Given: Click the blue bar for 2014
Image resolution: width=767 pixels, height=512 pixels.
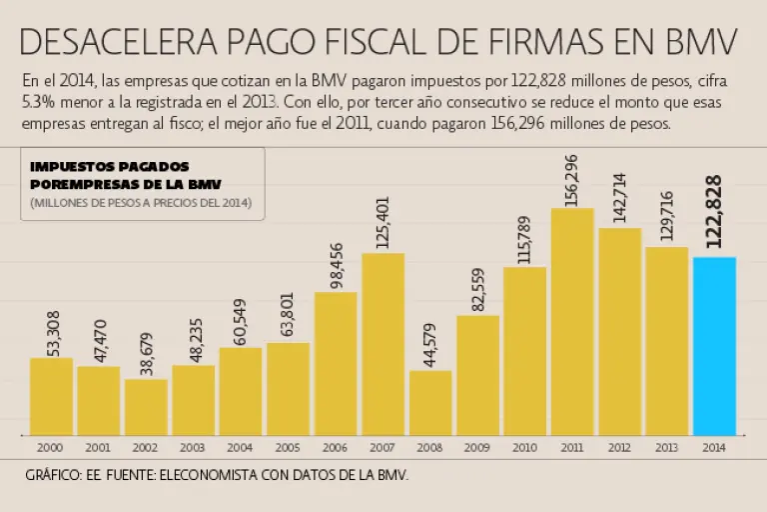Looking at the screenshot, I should tap(714, 345).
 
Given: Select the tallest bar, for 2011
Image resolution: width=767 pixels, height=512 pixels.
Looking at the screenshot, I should tap(572, 320).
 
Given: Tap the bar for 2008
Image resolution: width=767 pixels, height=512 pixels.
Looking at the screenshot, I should tap(430, 402).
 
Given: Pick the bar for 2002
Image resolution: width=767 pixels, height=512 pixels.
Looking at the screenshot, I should tap(146, 406).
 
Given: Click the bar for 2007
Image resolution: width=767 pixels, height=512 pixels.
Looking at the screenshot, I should tap(383, 343).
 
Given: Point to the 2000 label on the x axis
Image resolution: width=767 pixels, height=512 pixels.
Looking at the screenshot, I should tap(51, 447).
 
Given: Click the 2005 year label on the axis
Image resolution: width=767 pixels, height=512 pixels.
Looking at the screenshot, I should tap(288, 447).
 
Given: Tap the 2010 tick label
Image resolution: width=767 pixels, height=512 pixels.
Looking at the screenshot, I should tap(524, 447).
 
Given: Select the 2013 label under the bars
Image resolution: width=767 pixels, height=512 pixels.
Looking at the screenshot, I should tap(666, 447).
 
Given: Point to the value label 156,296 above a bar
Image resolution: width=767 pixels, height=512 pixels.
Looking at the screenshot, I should tap(572, 180).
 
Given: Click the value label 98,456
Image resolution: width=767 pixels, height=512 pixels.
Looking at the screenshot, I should tap(336, 265).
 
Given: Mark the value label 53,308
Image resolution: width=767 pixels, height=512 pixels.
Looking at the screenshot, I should tap(52, 332).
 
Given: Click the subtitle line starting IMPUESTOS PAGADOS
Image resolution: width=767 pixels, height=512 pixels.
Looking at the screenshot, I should tap(110, 167).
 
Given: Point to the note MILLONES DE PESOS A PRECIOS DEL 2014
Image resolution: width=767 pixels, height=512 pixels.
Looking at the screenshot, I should tap(141, 203).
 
